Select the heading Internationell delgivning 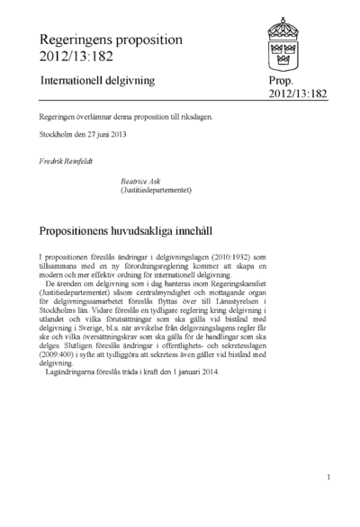point(96,81)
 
